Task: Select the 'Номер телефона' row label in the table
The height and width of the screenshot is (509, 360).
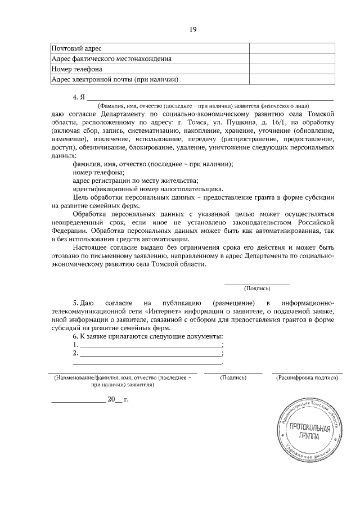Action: (x=76, y=69)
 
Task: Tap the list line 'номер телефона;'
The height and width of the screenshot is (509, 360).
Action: (x=98, y=172)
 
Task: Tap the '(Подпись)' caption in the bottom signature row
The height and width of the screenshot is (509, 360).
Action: (x=233, y=378)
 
